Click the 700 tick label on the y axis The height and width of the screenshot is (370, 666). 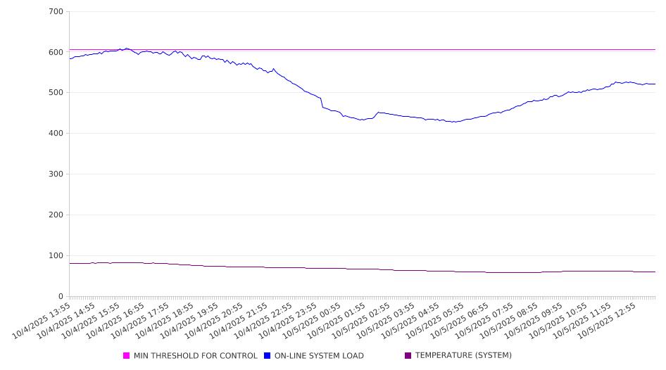56,12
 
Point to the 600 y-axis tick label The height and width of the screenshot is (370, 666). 56,53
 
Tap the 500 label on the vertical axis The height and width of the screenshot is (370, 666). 56,93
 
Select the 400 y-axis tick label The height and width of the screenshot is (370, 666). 56,134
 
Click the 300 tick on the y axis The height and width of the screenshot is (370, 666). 56,174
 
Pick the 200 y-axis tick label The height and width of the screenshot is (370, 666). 56,215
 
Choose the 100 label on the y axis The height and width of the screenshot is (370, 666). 56,256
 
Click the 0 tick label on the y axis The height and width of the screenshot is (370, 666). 61,297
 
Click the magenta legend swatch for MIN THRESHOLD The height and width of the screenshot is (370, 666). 127,356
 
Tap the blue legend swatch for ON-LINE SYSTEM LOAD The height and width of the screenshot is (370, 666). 268,356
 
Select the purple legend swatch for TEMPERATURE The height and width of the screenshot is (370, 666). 408,356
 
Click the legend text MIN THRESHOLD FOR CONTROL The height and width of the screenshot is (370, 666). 196,356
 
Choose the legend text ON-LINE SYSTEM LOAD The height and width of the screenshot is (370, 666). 319,356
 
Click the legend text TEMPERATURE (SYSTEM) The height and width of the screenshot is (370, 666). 463,356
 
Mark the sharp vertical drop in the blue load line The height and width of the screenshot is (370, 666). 322,103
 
